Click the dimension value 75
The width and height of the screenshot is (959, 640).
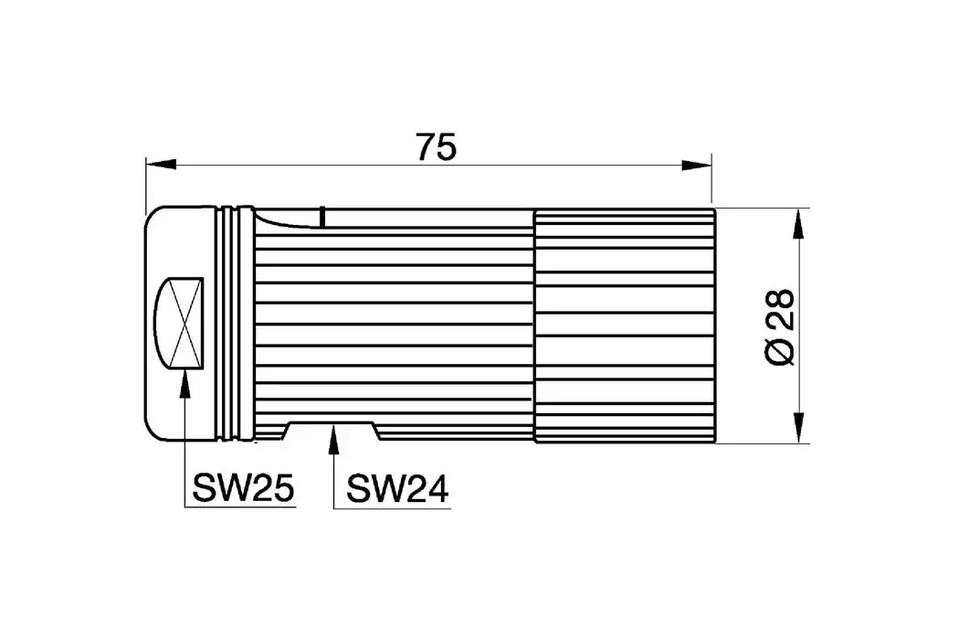coord(435,147)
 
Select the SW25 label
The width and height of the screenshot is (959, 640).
coord(243,490)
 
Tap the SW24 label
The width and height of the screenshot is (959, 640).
coord(396,490)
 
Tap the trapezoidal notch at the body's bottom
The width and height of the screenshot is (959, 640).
coord(333,429)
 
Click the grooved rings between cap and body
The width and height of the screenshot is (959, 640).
coord(235,325)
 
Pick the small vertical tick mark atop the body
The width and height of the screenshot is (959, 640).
coord(323,216)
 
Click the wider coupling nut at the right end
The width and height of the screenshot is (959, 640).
coord(624,325)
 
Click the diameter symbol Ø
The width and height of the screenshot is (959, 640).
coord(778,351)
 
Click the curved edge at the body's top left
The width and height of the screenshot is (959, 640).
coord(274,219)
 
